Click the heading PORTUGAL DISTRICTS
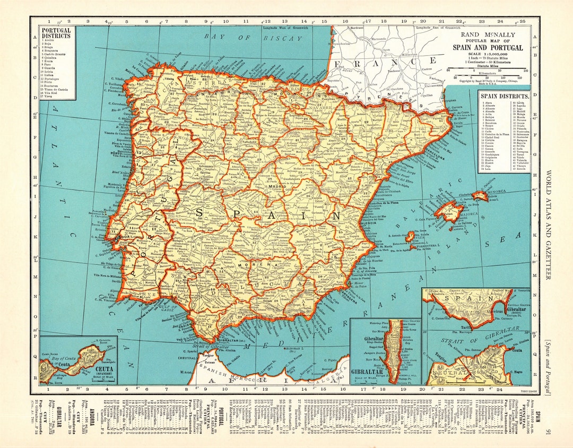point(57,33)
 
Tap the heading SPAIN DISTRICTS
point(504,97)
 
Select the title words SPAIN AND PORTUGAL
point(487,47)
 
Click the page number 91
point(548,434)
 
